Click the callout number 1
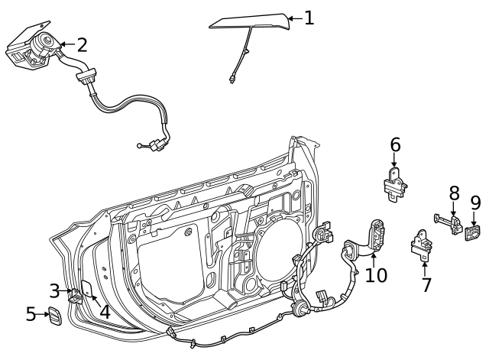309,18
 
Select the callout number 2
82,44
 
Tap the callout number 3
54,290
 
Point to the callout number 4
105,311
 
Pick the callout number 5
31,314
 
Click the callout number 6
395,144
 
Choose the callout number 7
426,285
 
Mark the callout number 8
454,193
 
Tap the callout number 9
475,203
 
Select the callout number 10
376,274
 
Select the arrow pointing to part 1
295,18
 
